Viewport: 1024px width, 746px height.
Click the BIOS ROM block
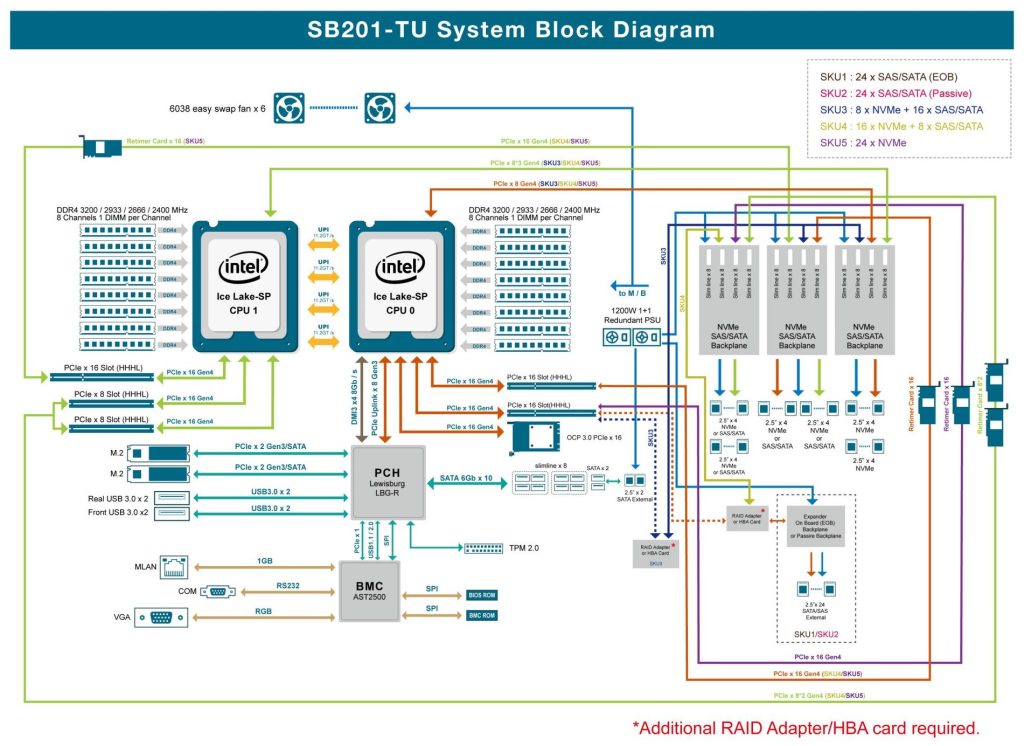coord(481,595)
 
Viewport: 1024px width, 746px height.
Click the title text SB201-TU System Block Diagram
coord(511,29)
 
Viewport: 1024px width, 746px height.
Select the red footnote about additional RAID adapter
coord(805,727)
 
